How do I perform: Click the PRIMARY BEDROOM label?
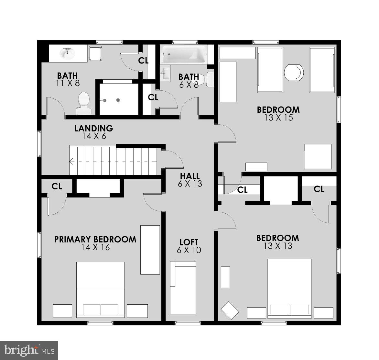click(95, 239)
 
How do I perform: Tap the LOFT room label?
click(189, 242)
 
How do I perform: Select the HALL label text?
click(190, 176)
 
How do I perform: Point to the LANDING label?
click(94, 128)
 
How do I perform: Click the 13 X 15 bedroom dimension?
click(278, 118)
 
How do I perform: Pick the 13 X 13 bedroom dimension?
click(278, 246)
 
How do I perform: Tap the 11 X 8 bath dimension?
click(68, 83)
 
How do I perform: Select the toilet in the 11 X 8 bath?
click(84, 103)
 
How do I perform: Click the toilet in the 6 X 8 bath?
click(206, 79)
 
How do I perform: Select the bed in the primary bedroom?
click(101, 290)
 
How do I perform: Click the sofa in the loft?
click(183, 287)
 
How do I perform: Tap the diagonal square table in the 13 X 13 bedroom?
click(230, 310)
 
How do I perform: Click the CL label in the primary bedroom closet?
click(57, 186)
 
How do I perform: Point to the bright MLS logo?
click(29, 350)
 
